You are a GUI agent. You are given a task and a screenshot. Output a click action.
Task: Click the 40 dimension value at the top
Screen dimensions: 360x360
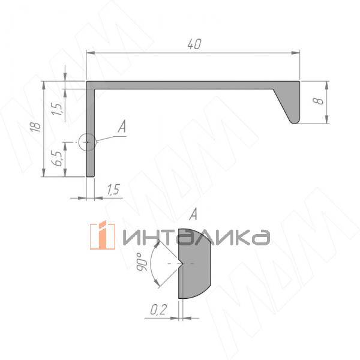[193, 44]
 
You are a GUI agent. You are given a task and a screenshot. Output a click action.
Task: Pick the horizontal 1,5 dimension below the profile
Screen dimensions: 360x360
[113, 189]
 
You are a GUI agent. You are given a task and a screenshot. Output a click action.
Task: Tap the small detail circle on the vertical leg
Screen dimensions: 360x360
[87, 142]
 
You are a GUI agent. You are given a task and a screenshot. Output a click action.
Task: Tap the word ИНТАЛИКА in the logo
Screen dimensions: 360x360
[196, 237]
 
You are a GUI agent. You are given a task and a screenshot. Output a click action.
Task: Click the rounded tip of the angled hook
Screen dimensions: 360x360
[294, 121]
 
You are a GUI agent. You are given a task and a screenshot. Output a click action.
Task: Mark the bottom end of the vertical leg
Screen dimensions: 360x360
[91, 176]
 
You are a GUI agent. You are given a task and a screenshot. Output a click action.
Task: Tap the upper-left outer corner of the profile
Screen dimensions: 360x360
[88, 82]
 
